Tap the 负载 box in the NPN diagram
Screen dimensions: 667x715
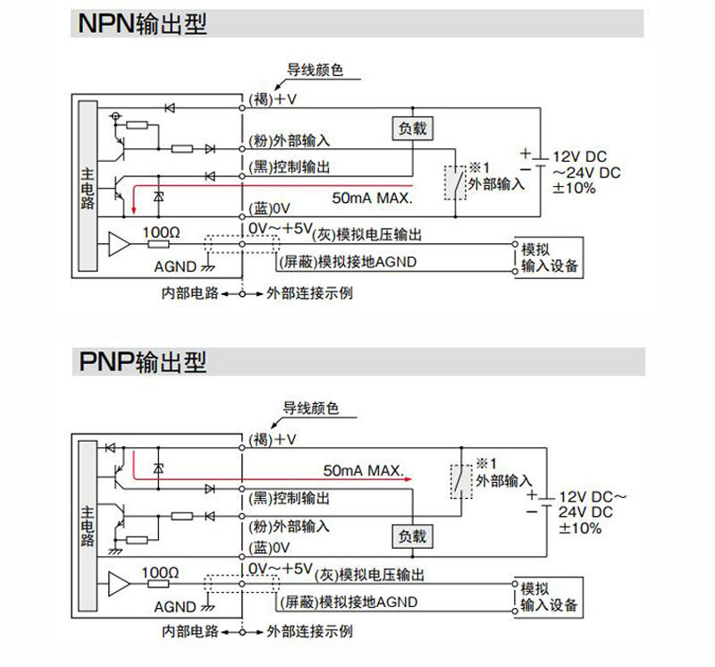(x=411, y=128)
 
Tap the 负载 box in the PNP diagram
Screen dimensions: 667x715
(x=413, y=536)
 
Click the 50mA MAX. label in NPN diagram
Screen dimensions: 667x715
(x=371, y=196)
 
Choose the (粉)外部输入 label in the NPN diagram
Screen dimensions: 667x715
(x=288, y=140)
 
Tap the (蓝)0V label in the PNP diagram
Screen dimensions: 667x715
(x=270, y=548)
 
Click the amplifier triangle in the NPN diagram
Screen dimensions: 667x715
(x=119, y=243)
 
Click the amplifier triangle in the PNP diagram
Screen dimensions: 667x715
(x=119, y=582)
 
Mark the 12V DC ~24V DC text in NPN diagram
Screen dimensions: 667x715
(x=585, y=163)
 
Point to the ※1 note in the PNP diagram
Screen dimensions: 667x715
(x=485, y=465)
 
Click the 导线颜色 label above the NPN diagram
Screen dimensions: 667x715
(x=314, y=70)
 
